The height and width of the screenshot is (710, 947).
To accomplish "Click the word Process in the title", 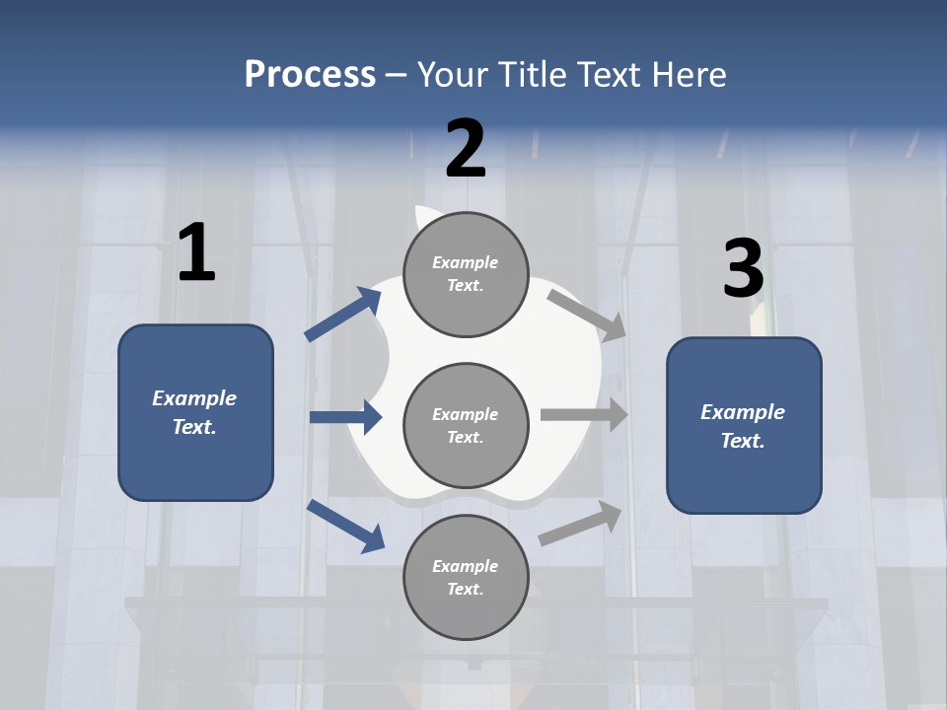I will click(x=310, y=74).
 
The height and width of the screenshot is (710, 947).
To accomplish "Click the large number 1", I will click(x=196, y=253).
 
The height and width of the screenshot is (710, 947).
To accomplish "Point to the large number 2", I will click(x=466, y=149).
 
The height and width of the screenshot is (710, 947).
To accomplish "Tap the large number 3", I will click(x=743, y=269).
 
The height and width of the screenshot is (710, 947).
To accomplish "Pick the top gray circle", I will click(x=466, y=273).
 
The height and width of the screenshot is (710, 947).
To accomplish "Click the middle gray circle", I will click(x=466, y=425).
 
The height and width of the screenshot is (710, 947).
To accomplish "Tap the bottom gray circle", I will click(x=466, y=577).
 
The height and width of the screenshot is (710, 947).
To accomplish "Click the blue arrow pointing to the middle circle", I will click(x=346, y=417).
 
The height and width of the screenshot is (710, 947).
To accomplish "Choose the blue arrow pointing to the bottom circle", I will click(x=346, y=526).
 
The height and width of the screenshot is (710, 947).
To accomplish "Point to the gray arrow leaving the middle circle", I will click(x=584, y=414).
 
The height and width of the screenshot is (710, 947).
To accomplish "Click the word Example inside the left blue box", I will click(x=194, y=398).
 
